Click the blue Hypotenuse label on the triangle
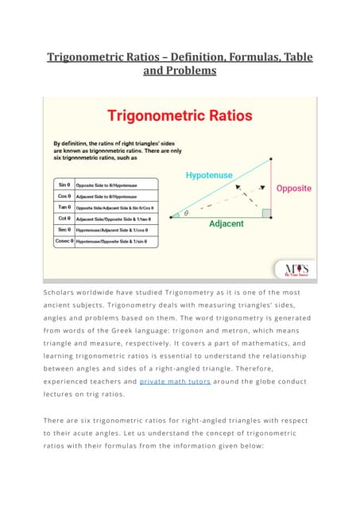coord(210,174)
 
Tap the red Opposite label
coord(293,188)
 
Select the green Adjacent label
coord(226,224)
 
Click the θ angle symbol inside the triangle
coord(186,213)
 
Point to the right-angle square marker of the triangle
coord(267,213)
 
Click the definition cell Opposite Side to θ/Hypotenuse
coord(107,184)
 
